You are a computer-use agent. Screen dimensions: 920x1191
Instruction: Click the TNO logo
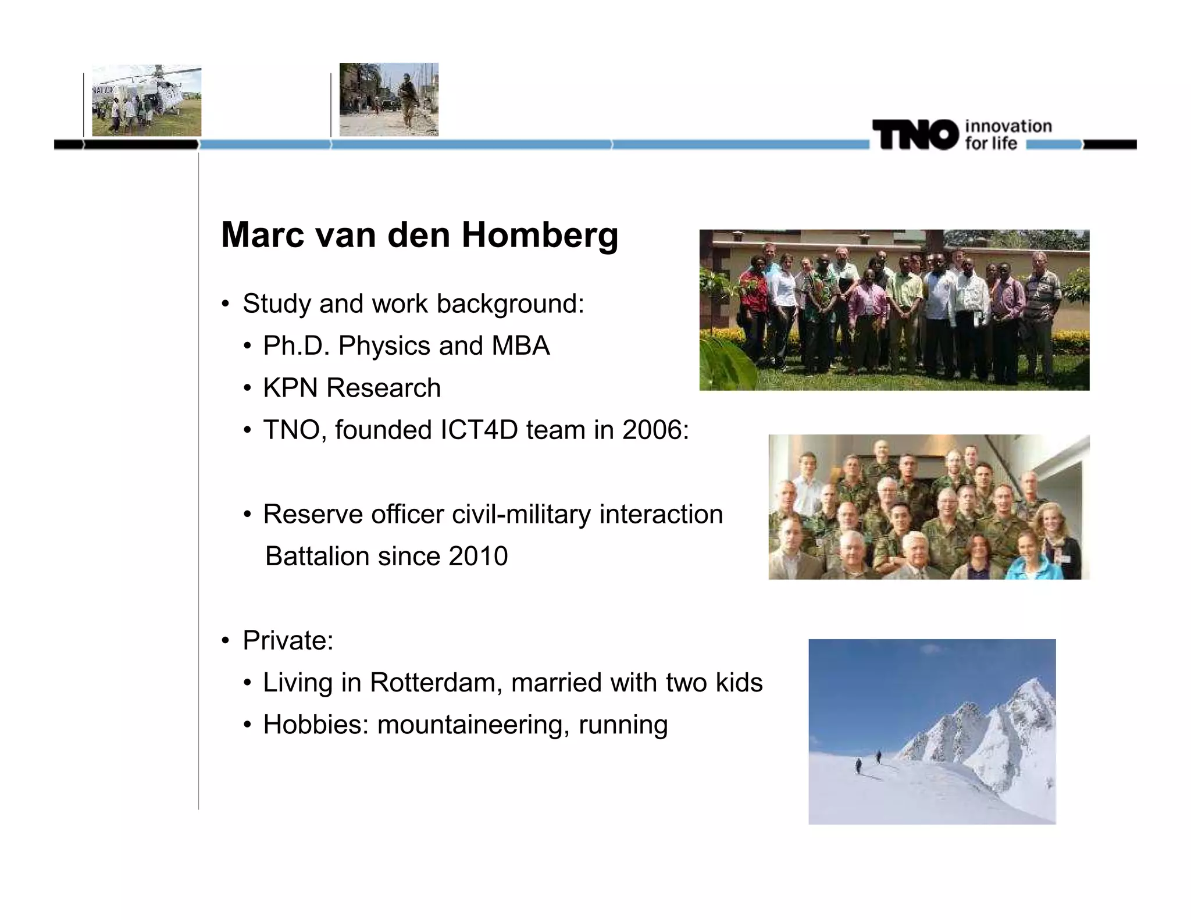tap(915, 134)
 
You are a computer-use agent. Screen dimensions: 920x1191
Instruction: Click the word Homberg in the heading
tap(540, 235)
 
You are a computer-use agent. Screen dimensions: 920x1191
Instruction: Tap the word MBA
tap(520, 345)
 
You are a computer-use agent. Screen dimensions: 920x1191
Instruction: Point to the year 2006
tap(652, 430)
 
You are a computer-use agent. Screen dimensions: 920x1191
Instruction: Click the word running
tap(623, 725)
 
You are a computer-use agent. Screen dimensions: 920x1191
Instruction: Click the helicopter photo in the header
tap(147, 101)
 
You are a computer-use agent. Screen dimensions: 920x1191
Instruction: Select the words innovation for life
tap(1007, 135)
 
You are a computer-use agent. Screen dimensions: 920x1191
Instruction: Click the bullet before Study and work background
tap(226, 304)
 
